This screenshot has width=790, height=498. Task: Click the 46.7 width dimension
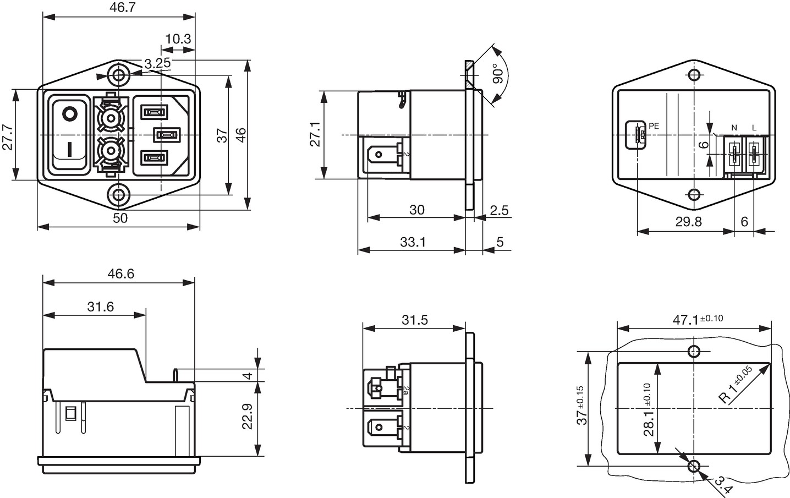coord(122,7)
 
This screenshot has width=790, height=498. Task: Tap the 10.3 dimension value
coord(178,39)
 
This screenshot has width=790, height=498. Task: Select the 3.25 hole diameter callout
coord(157,63)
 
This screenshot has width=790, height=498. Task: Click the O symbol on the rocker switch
coord(69,114)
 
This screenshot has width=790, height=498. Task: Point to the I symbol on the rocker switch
coord(70,149)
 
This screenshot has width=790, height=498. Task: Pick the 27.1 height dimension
coord(315,134)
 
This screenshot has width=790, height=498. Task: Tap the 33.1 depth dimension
coord(413,242)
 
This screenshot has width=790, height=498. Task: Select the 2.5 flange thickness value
coord(499,211)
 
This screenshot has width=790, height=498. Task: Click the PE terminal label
coord(654,126)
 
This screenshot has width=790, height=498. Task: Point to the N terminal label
coord(734,128)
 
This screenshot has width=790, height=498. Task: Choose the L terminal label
coord(754,128)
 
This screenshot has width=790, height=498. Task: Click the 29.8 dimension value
coord(688,222)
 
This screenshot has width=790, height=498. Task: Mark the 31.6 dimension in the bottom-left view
coord(101,307)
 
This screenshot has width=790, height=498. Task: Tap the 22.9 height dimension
coord(248,417)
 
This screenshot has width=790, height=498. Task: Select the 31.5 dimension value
coord(415,320)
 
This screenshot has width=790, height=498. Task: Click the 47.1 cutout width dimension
coord(698,320)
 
